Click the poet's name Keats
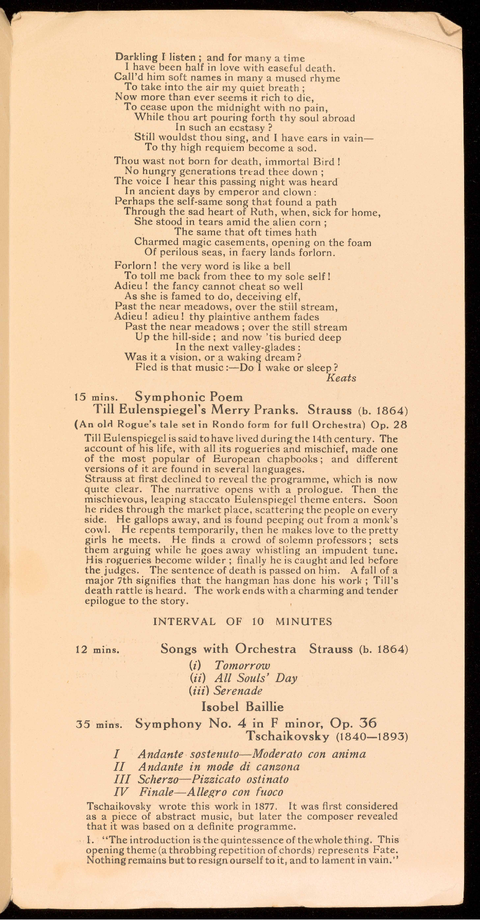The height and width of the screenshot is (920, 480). click(341, 378)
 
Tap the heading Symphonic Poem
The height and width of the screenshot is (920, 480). click(188, 397)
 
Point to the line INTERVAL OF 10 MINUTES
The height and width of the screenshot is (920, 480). click(242, 621)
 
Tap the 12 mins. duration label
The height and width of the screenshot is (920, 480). click(97, 650)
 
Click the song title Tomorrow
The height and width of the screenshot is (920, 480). click(242, 665)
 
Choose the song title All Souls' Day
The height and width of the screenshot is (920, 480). click(256, 678)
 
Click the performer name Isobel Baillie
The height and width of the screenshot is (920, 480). click(242, 706)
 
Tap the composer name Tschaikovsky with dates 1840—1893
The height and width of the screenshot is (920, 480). click(327, 736)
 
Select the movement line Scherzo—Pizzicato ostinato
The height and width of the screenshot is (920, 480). click(213, 779)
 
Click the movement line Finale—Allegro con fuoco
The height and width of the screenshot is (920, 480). click(211, 792)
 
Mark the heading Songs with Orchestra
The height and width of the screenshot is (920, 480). click(228, 649)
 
